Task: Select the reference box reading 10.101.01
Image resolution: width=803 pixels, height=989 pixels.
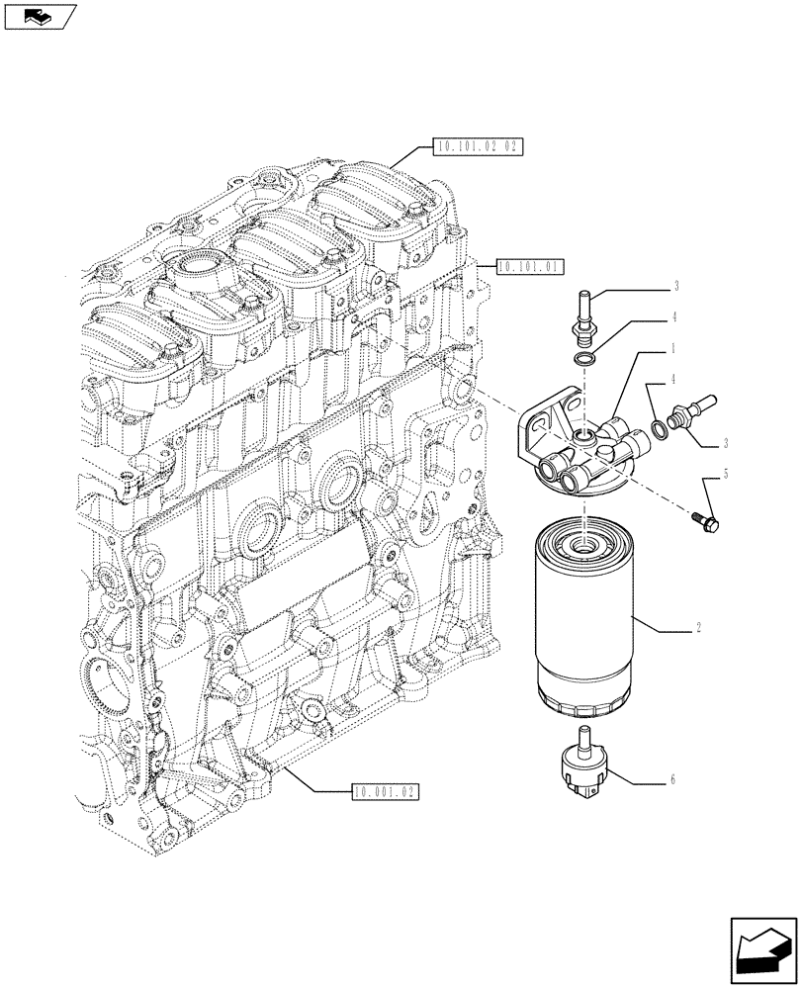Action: click(529, 266)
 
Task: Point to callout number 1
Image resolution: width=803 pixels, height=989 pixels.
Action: click(674, 349)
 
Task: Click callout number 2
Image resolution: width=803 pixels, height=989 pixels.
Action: click(698, 628)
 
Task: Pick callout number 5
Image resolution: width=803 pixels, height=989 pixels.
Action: click(725, 475)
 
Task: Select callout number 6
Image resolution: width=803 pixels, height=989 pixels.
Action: click(672, 780)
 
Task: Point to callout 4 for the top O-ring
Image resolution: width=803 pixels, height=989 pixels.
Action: click(674, 318)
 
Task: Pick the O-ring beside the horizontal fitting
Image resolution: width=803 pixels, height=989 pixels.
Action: click(656, 427)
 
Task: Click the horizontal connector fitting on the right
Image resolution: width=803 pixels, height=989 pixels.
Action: click(688, 411)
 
